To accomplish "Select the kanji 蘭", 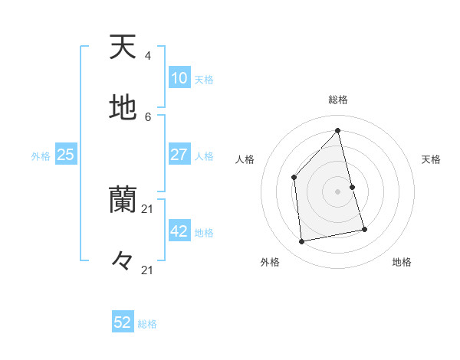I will pyautogui.click(x=123, y=200).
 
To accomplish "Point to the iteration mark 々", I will pyautogui.click(x=123, y=261).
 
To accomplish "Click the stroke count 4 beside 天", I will pyautogui.click(x=147, y=56).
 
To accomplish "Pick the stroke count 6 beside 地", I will pyautogui.click(x=147, y=116).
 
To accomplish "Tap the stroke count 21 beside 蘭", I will pyautogui.click(x=148, y=209).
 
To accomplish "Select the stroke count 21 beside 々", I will pyautogui.click(x=148, y=270).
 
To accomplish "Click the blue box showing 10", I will pyautogui.click(x=179, y=78).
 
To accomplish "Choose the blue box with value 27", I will pyautogui.click(x=179, y=155).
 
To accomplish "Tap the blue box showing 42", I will pyautogui.click(x=179, y=231).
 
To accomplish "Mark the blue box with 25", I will pyautogui.click(x=66, y=155).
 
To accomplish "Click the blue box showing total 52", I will pyautogui.click(x=123, y=322).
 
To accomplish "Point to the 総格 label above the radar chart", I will pyautogui.click(x=337, y=100).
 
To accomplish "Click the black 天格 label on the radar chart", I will pyautogui.click(x=431, y=159).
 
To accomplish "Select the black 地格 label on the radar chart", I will pyautogui.click(x=402, y=262).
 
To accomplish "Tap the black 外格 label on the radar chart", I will pyautogui.click(x=270, y=262).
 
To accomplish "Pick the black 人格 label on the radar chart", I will pyautogui.click(x=245, y=159).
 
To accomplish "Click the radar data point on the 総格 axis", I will pyautogui.click(x=337, y=130).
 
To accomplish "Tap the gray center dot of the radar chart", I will pyautogui.click(x=337, y=191).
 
